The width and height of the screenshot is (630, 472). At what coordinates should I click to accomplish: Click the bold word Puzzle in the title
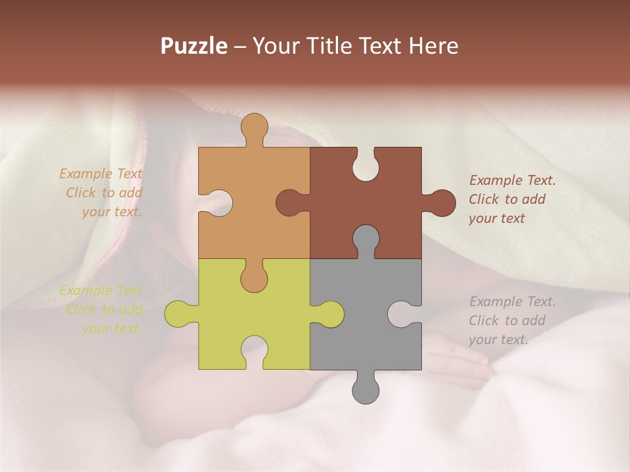click(x=194, y=47)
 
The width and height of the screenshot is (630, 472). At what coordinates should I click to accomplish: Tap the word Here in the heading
click(x=433, y=46)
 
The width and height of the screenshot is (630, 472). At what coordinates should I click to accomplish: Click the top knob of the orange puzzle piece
click(x=255, y=128)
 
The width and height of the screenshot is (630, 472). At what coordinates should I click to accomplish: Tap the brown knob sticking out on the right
click(x=441, y=203)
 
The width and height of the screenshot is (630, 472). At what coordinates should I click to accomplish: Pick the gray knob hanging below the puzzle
click(x=366, y=388)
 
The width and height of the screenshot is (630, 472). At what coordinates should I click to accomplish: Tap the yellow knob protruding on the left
click(x=178, y=314)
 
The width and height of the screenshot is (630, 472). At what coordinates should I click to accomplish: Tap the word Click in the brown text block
click(x=484, y=199)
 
